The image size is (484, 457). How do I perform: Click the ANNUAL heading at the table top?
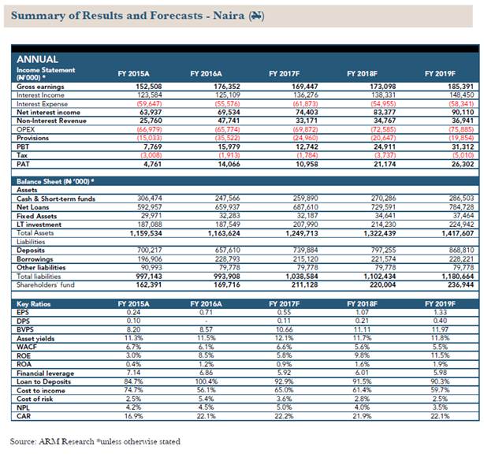pyautogui.click(x=37, y=59)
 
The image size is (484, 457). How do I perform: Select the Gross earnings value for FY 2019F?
pyautogui.click(x=441, y=85)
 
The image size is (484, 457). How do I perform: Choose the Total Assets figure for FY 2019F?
pyautogui.click(x=441, y=232)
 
